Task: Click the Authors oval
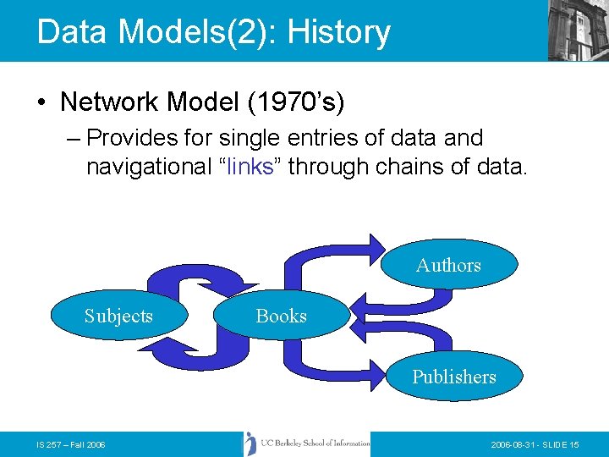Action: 448,265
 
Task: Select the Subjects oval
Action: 118,316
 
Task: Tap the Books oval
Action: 281,316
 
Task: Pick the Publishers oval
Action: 454,377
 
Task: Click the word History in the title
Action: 338,32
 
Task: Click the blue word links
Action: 250,166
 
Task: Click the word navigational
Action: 148,166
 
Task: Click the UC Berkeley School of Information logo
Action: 307,443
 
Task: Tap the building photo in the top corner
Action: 579,30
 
